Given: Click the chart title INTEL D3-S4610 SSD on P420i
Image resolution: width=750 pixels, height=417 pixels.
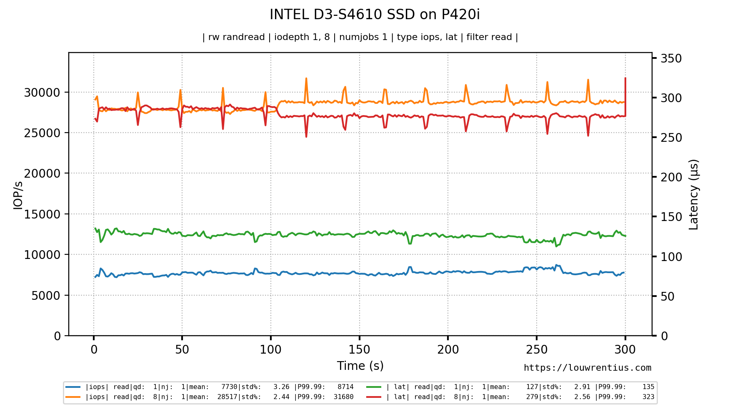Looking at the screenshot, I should (375, 15).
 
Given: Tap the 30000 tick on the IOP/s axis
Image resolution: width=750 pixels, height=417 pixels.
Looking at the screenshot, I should (42, 93).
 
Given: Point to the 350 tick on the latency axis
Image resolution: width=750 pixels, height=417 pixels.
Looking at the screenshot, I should (671, 58).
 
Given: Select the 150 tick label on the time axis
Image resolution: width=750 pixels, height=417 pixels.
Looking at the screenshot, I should (359, 349).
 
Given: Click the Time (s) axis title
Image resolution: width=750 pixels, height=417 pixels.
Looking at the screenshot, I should (360, 366).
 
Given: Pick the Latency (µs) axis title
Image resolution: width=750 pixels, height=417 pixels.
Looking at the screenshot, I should (693, 194).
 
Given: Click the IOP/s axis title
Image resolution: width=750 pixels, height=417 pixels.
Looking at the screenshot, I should (17, 195).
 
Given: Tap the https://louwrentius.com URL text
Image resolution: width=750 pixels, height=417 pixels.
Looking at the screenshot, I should (587, 368).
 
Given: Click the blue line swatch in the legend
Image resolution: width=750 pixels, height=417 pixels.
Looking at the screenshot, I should (73, 387).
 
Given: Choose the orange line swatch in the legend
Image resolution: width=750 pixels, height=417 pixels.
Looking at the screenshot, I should (73, 397).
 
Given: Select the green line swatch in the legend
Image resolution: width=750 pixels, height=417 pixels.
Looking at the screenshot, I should (374, 387).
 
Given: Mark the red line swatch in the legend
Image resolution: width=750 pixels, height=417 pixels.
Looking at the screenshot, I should (374, 397).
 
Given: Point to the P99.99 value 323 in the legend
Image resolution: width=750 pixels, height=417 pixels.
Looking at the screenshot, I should (648, 397).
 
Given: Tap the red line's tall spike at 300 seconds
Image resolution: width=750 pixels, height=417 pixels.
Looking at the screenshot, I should (625, 79).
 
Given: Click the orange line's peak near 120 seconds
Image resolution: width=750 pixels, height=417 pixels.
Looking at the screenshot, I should (306, 79).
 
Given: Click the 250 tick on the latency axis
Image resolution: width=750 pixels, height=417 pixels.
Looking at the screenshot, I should (671, 138).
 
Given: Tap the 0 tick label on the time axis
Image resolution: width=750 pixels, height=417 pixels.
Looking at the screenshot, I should (94, 349).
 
